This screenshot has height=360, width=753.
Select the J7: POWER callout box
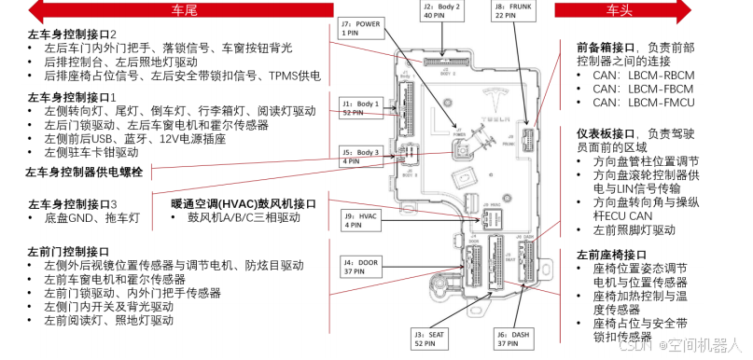(x=360, y=28)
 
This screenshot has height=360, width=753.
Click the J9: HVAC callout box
(x=361, y=220)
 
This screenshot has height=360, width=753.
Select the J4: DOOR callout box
(x=361, y=268)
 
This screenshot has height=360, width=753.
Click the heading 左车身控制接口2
(x=78, y=35)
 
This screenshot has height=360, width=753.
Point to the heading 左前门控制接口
(x=69, y=253)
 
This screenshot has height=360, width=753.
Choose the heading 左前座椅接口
(x=611, y=255)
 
